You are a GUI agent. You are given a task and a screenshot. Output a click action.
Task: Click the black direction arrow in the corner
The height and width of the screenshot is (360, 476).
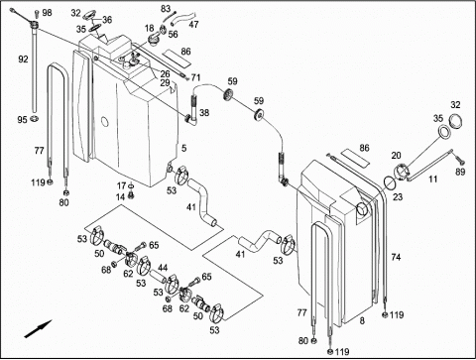(39, 328)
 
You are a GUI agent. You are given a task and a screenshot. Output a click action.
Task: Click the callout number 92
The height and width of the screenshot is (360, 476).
(23, 60)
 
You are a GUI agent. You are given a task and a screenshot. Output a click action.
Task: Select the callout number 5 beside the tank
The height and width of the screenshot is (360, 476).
(183, 148)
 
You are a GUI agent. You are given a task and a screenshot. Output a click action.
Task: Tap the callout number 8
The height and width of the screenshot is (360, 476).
(362, 320)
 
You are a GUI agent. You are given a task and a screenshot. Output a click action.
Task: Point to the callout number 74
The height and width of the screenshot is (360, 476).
(396, 257)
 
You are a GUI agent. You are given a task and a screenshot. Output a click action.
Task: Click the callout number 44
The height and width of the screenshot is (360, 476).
(163, 268)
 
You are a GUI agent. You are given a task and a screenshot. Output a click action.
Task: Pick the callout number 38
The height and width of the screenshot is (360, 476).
(204, 113)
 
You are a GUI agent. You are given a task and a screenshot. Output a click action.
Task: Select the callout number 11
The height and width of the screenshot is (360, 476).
(432, 180)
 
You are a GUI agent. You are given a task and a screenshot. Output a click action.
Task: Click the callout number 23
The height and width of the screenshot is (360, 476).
(398, 197)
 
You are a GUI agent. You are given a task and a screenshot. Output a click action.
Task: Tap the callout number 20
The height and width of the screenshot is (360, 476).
(396, 156)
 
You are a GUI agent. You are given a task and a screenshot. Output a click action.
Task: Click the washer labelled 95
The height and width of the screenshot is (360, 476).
(34, 118)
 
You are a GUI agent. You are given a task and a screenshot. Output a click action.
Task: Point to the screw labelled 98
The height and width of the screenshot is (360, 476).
(37, 14)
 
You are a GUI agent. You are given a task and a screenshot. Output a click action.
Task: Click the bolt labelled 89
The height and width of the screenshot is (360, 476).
(459, 162)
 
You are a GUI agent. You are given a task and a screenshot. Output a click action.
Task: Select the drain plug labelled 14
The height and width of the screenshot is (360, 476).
(132, 195)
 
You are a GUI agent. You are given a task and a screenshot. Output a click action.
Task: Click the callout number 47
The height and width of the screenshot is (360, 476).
(193, 24)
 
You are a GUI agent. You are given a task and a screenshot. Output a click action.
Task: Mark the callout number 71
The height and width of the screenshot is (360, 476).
(195, 77)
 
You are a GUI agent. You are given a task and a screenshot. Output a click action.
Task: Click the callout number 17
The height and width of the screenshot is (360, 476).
(121, 185)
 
